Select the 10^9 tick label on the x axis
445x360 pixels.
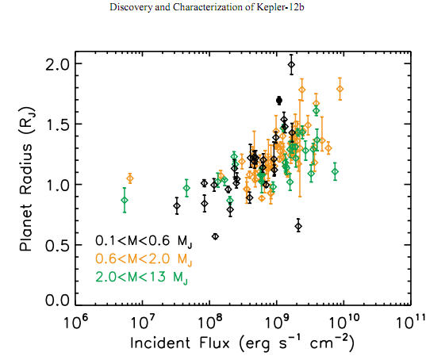tap(276, 323)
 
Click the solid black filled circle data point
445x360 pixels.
tap(279, 100)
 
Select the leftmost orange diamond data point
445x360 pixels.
tap(130, 178)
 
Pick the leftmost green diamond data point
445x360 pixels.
tap(125, 200)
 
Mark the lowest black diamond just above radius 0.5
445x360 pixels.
tap(216, 236)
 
